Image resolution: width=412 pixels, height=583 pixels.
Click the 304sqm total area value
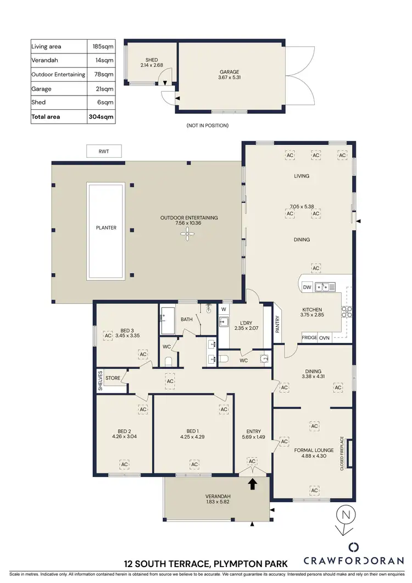pos(101,116)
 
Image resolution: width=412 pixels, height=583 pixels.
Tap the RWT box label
pos(104,151)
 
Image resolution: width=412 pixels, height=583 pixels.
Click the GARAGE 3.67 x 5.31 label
pos(230,75)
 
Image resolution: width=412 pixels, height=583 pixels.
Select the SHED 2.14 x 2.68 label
pos(151,63)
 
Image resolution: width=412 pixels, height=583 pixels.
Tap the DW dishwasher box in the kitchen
pos(307,286)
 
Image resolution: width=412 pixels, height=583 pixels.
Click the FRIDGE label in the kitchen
pos(309,337)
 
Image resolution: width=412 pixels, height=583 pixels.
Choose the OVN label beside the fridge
pos(324,337)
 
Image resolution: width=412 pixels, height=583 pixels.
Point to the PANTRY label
pos(278,324)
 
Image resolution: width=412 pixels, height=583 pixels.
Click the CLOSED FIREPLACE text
pos(342,453)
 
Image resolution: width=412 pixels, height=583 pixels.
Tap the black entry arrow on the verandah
pos(253,484)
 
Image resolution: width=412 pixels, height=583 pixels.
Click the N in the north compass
pos(345,515)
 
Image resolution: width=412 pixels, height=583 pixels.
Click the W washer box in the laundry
pos(224,309)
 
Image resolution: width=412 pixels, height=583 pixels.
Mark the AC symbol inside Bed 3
pos(108,335)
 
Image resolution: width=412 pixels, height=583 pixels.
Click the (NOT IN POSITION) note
pos(208,125)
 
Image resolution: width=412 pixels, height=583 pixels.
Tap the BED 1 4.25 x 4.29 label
pos(195,435)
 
